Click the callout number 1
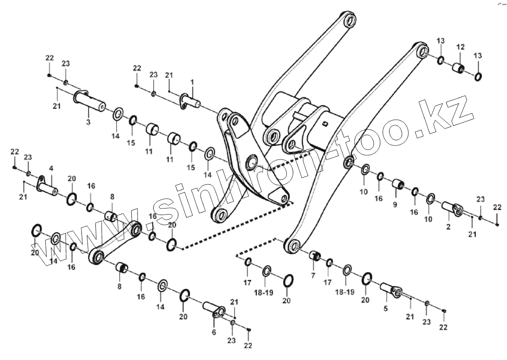coord(192,82)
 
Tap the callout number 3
coord(88,122)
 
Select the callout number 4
coord(51,168)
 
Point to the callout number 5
coord(386,309)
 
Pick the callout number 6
coord(214,332)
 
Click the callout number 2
coord(448,227)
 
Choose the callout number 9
coord(395,205)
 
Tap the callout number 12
coord(460,47)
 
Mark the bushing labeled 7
coord(314,256)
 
